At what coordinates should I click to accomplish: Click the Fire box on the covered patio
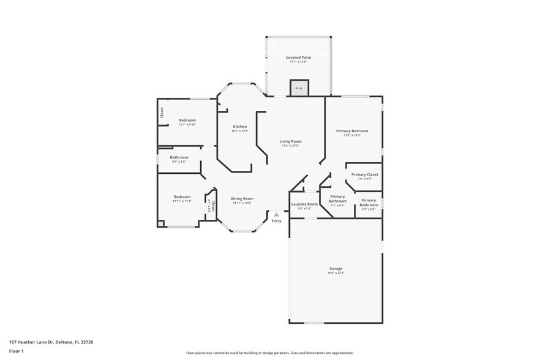click(x=299, y=88)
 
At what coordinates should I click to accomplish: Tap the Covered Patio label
click(x=298, y=57)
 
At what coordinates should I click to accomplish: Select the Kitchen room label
click(x=239, y=127)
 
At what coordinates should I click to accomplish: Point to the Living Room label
click(x=291, y=141)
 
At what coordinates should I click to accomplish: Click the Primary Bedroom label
click(x=352, y=131)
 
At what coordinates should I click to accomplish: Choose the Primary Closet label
click(x=364, y=174)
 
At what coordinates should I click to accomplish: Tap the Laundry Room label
click(x=304, y=204)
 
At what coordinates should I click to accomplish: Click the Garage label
click(x=336, y=268)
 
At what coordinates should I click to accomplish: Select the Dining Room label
click(x=242, y=198)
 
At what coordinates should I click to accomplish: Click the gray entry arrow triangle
click(x=277, y=214)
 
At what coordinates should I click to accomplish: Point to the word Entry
click(x=277, y=221)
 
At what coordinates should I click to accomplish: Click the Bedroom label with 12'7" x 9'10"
click(x=187, y=120)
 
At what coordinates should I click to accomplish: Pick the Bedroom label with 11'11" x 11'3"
click(x=182, y=197)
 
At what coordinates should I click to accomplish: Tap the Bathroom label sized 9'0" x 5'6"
click(x=179, y=157)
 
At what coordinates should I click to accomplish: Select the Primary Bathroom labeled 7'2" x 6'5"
click(x=337, y=199)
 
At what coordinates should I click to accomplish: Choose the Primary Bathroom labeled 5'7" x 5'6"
click(x=369, y=203)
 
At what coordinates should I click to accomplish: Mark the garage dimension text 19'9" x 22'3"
click(x=336, y=272)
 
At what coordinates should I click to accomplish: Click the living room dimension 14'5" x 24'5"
click(x=291, y=146)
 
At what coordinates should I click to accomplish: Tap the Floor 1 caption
click(x=16, y=351)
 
